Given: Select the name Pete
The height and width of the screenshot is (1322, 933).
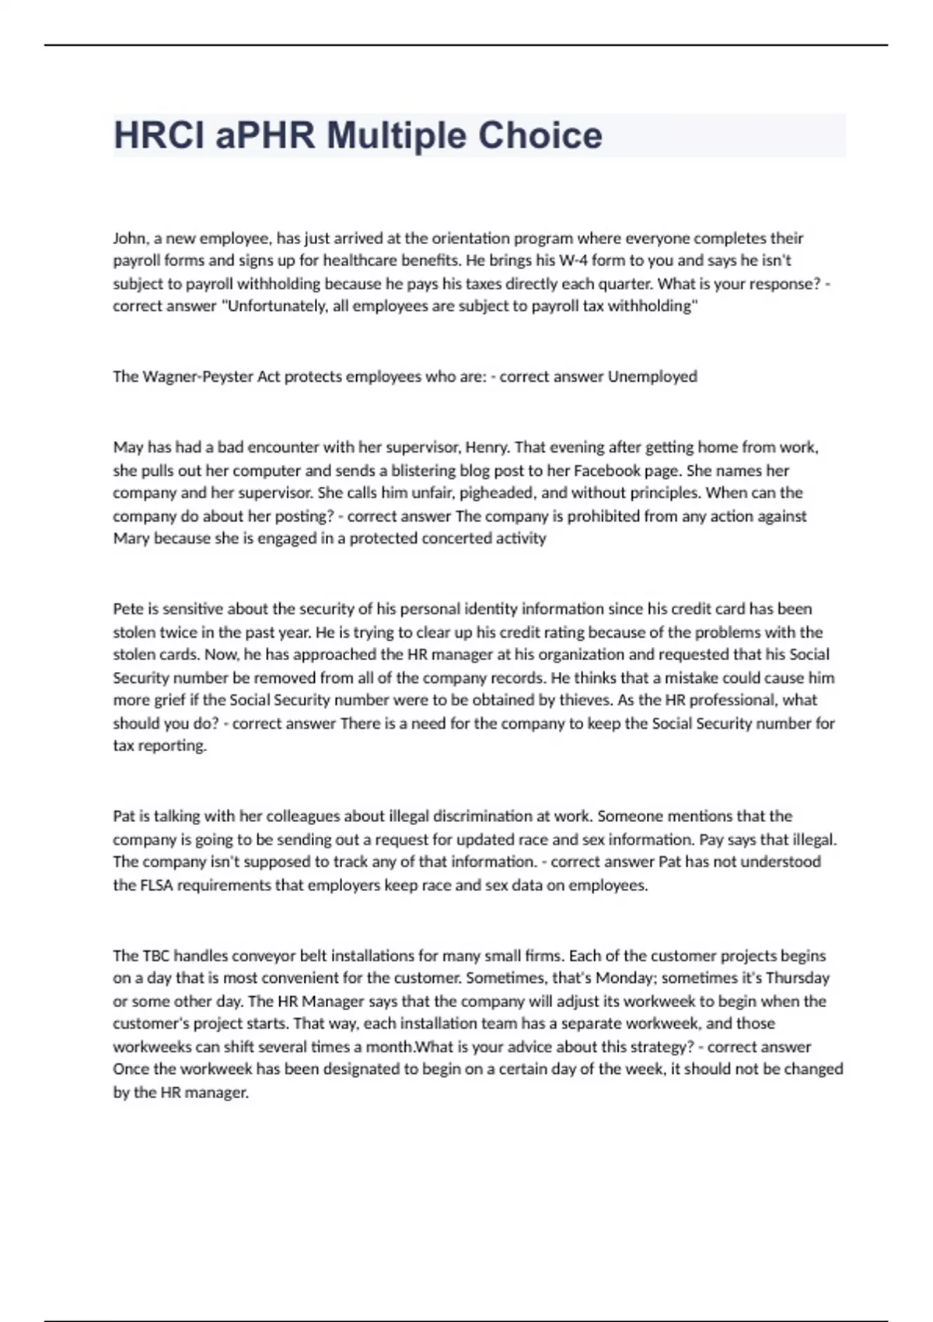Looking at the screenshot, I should click(128, 609).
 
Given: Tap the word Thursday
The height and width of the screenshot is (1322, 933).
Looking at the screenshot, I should click(798, 978).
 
